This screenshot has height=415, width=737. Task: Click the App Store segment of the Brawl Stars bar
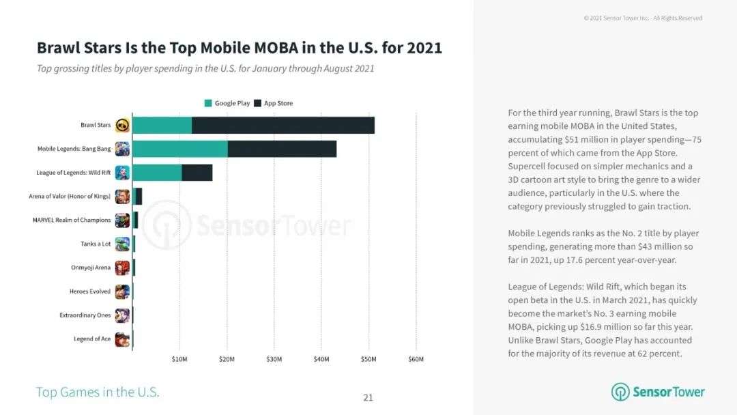tap(283, 125)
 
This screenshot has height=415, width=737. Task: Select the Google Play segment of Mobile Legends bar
tap(179, 149)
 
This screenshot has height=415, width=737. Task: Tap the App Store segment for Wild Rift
tap(197, 173)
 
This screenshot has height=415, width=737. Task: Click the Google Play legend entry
tap(229, 103)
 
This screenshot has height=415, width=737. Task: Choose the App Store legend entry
tap(274, 103)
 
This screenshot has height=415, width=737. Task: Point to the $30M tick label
tap(274, 359)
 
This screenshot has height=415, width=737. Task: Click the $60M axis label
tap(416, 359)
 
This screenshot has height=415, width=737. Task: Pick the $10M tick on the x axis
tap(179, 359)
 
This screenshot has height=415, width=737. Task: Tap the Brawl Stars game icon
tap(122, 125)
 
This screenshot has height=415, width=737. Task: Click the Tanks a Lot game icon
tap(122, 244)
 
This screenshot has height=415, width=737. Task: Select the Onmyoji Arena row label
tap(91, 268)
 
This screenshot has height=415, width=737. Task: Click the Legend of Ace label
tap(92, 339)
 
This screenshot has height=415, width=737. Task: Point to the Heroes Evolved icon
tap(122, 291)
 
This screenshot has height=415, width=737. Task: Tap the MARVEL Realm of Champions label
tap(72, 220)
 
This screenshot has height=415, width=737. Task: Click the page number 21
tap(369, 397)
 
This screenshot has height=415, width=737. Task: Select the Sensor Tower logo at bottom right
tap(658, 392)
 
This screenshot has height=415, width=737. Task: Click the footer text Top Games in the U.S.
tap(98, 392)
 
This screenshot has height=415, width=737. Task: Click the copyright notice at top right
tap(643, 18)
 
